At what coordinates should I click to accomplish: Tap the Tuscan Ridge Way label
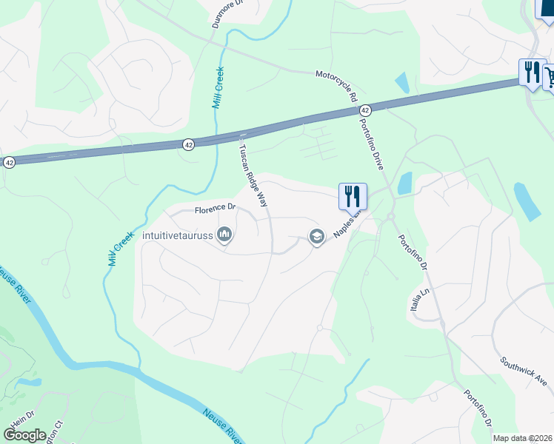[252, 175]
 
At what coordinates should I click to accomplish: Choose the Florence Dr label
[215, 209]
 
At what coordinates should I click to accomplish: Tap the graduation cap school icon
[316, 237]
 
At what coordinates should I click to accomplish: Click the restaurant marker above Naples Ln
[353, 196]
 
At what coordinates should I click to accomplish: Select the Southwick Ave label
[524, 371]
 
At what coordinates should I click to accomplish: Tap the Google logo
[25, 434]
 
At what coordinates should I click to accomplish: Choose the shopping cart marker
[550, 76]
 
